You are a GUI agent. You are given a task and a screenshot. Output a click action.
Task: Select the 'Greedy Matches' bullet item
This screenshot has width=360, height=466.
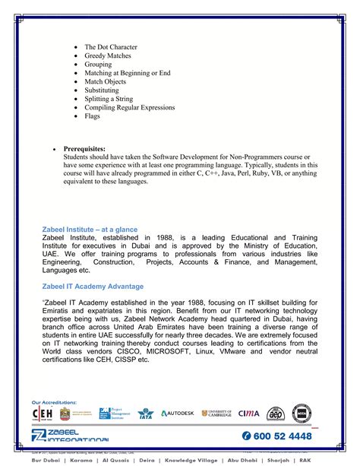tap(108, 55)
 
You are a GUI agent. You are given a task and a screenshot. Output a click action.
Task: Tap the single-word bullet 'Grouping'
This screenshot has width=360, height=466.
tap(99, 65)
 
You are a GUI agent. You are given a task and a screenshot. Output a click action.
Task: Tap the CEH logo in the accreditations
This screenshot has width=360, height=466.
tap(42, 414)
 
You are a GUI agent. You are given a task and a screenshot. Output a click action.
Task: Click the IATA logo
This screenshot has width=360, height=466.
tap(146, 414)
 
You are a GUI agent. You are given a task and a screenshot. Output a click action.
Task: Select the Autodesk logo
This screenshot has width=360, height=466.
tap(177, 414)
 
